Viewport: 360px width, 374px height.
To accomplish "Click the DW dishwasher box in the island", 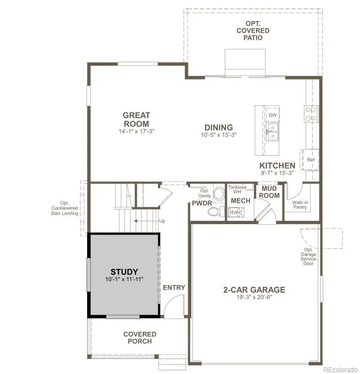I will tap(272, 115).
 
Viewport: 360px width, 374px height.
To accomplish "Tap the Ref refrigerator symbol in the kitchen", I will tap(310, 160).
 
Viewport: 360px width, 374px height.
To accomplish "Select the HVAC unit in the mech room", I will tap(235, 212).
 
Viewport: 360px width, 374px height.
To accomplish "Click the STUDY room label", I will tap(124, 272).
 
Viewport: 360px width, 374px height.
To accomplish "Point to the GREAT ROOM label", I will tap(136, 120).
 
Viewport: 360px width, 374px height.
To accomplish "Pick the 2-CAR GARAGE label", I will tap(254, 289).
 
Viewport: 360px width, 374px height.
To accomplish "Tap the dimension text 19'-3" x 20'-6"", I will tap(254, 297).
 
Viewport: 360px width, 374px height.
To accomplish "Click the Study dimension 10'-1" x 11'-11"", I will tap(124, 279).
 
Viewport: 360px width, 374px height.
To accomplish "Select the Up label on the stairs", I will tap(162, 221).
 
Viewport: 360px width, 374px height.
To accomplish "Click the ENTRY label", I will tap(174, 287).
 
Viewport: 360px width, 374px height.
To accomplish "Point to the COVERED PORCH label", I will tap(140, 337).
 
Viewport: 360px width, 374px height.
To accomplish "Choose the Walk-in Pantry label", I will tap(300, 205).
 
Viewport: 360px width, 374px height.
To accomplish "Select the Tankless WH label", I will tap(237, 189).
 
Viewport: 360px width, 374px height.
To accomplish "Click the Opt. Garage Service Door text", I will tap(309, 256).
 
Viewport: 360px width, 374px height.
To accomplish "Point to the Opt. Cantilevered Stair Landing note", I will tap(66, 208).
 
